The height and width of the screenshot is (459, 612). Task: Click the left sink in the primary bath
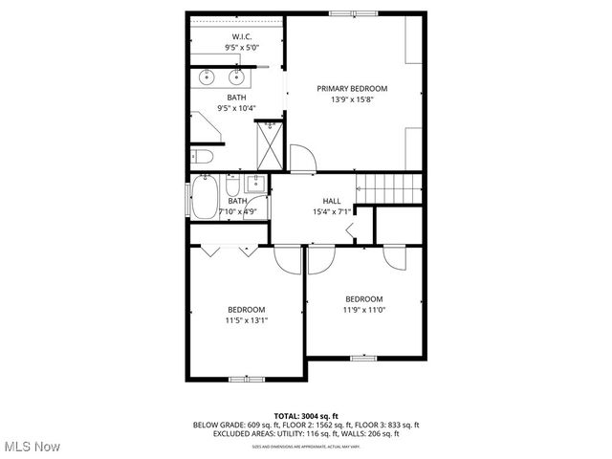click(208, 77)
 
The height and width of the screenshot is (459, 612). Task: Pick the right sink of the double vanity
click(237, 77)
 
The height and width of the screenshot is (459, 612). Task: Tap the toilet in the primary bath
click(202, 157)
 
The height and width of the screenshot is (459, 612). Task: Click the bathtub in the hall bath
click(204, 198)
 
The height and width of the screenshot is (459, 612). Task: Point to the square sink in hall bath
click(254, 184)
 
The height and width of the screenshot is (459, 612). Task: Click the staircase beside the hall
click(389, 188)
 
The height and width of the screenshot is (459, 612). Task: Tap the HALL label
click(331, 201)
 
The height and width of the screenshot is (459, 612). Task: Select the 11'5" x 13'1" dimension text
click(246, 320)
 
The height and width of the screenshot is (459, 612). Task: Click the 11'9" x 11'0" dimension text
click(363, 310)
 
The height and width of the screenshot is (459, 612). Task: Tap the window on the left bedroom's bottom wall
click(245, 380)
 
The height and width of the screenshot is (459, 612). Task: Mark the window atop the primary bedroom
click(354, 12)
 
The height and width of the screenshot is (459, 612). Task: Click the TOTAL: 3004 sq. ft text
click(306, 416)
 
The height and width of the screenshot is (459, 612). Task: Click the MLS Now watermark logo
click(32, 447)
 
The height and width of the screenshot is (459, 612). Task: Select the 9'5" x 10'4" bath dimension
click(236, 108)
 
